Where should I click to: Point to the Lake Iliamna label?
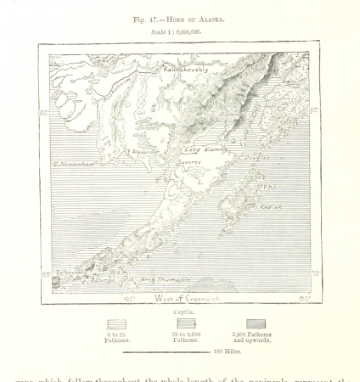point(204,149)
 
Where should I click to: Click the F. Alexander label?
point(143,152)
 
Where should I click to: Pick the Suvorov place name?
point(188,160)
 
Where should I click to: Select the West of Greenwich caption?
point(186,298)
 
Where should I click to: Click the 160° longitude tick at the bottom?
point(129,299)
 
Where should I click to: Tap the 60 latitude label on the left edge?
point(45,111)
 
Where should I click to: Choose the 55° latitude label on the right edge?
point(316,273)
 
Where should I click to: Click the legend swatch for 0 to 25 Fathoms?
point(116,323)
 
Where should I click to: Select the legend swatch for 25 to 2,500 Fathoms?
point(186,323)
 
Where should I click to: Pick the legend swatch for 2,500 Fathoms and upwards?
point(255,323)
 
